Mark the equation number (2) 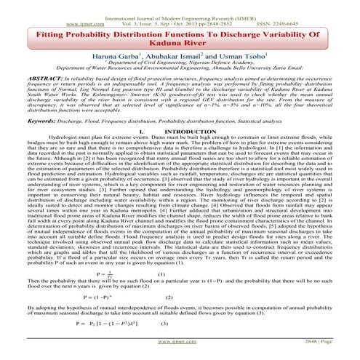pyautogui.click(x=169, y=297)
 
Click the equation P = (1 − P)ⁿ pyautogui.click(x=97, y=297)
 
